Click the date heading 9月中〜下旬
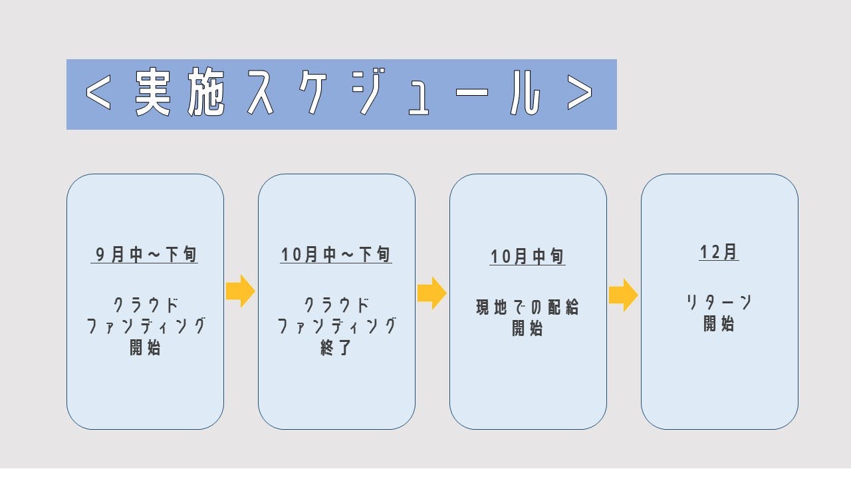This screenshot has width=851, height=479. point(145,254)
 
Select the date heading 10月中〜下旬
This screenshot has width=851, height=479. point(336,254)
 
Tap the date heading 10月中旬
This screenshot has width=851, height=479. point(528,257)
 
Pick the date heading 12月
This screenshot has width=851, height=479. point(719,252)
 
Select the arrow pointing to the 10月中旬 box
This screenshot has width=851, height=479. point(431,293)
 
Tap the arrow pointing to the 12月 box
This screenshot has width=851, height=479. point(623,295)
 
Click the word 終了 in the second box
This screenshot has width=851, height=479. point(336,347)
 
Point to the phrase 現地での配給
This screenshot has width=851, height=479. point(528,307)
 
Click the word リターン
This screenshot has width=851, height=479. point(719,303)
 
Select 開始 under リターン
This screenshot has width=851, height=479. point(719,324)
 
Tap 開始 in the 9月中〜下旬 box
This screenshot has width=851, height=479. point(145,347)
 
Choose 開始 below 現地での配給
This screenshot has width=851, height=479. point(528,329)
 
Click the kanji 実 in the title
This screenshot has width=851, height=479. point(153,94)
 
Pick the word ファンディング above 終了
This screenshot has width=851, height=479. point(336,327)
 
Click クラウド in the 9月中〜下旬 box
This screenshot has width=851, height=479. point(145,305)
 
